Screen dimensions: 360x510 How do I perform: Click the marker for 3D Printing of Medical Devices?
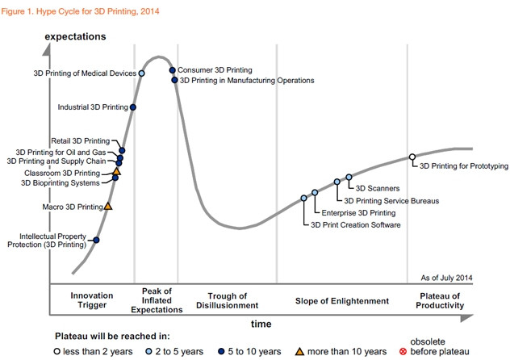[142, 73]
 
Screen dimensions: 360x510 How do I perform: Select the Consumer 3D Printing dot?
[172, 70]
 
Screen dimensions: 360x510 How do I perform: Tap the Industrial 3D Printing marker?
[133, 107]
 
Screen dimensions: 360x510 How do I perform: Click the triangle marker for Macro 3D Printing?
[108, 207]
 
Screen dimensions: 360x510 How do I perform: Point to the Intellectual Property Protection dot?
[97, 240]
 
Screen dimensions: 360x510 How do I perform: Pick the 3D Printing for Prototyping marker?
[412, 157]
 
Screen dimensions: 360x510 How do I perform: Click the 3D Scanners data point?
[349, 177]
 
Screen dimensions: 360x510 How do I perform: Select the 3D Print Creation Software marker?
[304, 198]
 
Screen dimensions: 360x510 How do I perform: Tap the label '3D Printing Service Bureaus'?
[391, 200]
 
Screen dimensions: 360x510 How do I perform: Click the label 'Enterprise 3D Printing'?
[358, 212]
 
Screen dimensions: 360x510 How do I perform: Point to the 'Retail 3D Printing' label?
[80, 140]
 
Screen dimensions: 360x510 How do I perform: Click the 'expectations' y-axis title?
[77, 37]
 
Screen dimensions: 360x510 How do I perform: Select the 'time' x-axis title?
[261, 323]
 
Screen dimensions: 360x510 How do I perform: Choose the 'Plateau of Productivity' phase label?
[440, 300]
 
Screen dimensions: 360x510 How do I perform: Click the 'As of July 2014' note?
[446, 278]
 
